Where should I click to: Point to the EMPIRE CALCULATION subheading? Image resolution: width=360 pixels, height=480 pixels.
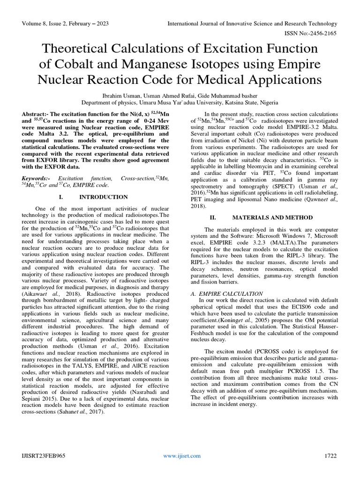pos(228,293)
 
